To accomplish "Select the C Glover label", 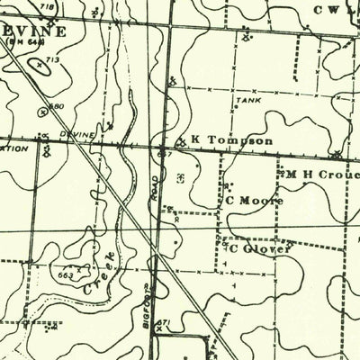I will (x=260, y=247).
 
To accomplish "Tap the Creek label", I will (x=99, y=274).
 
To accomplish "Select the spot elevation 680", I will (x=57, y=107).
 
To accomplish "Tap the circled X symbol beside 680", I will (x=42, y=112).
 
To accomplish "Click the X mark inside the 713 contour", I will (x=39, y=66).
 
